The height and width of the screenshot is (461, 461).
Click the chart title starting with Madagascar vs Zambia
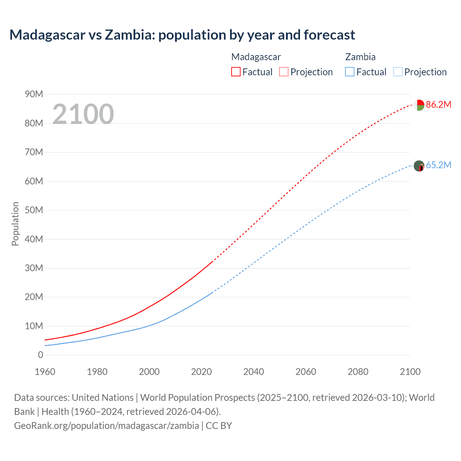[182, 35]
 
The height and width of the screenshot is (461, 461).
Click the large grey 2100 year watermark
[83, 114]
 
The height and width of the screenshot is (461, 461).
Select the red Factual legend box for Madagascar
[236, 72]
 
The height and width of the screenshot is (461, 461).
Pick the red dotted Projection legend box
[284, 72]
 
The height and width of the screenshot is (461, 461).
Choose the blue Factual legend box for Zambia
[350, 72]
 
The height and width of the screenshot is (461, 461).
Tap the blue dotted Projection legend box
[398, 72]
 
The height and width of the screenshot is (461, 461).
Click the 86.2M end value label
[438, 105]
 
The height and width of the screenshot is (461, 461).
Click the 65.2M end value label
[438, 165]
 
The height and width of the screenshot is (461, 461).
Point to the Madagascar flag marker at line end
[419, 105]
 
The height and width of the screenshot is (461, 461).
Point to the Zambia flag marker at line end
[419, 166]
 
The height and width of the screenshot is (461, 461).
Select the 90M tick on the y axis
[34, 94]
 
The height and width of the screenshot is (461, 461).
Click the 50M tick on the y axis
[34, 210]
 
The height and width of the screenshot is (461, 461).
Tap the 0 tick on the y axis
[40, 355]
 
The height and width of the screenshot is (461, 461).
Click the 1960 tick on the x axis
[45, 372]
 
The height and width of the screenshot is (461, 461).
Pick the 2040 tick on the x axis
[254, 372]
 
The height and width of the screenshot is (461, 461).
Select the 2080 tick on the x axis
[358, 372]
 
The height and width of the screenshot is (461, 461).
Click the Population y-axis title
[15, 224]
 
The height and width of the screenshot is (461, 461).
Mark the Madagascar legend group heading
[256, 57]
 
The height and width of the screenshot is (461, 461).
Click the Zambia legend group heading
[360, 57]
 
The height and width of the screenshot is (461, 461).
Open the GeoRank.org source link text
[106, 426]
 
